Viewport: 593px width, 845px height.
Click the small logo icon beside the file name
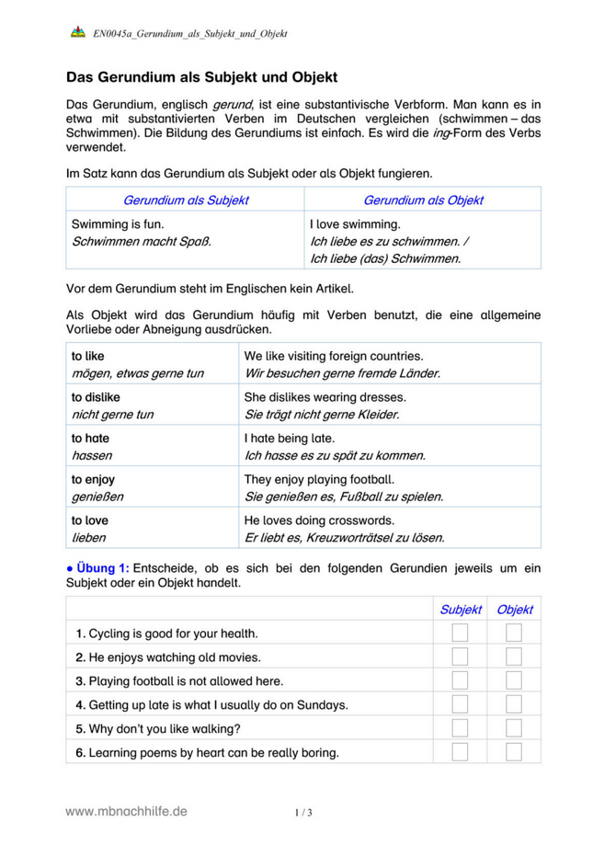[77, 33]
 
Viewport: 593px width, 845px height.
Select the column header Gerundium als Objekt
[423, 200]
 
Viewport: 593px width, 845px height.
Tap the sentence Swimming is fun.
[118, 223]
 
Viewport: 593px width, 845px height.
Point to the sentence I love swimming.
[355, 223]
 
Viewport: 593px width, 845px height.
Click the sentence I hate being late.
[290, 438]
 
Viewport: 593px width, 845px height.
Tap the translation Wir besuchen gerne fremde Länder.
[342, 373]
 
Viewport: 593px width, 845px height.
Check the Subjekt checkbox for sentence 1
[460, 633]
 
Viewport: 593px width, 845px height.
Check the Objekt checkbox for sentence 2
[514, 657]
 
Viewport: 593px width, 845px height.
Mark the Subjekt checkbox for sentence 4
[460, 704]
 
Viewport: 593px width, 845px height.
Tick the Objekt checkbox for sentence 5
[514, 728]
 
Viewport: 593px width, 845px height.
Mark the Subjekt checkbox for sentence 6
[460, 752]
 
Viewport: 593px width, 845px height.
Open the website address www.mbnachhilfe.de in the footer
[126, 811]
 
